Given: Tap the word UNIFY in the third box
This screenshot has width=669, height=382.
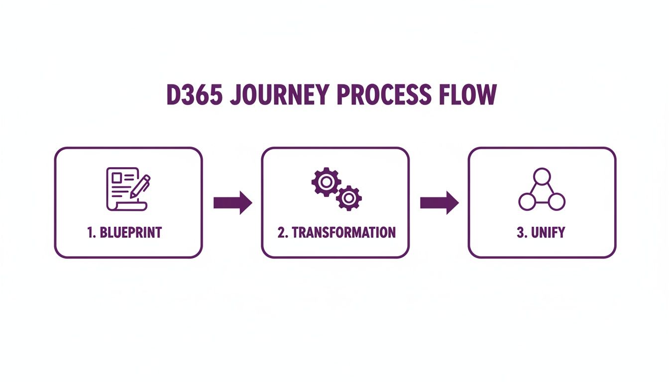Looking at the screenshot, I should click(548, 232).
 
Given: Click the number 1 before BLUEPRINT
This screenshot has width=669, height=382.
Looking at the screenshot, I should click(91, 232).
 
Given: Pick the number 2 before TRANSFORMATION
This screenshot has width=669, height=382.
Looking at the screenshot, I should click(282, 232).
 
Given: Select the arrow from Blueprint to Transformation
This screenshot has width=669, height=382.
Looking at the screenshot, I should click(233, 202).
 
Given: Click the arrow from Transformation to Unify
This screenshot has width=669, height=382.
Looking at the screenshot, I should click(439, 202).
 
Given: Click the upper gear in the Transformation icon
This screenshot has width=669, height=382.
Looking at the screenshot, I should click(325, 182).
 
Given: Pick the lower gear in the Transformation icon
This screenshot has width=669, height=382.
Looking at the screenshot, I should click(348, 198).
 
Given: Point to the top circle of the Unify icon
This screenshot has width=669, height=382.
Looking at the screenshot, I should click(542, 177).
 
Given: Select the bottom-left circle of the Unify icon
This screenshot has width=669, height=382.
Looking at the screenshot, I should click(527, 201).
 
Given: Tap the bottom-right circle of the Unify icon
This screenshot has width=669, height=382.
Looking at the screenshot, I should click(557, 201).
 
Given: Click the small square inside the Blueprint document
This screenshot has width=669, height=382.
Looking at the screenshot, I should click(117, 177).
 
